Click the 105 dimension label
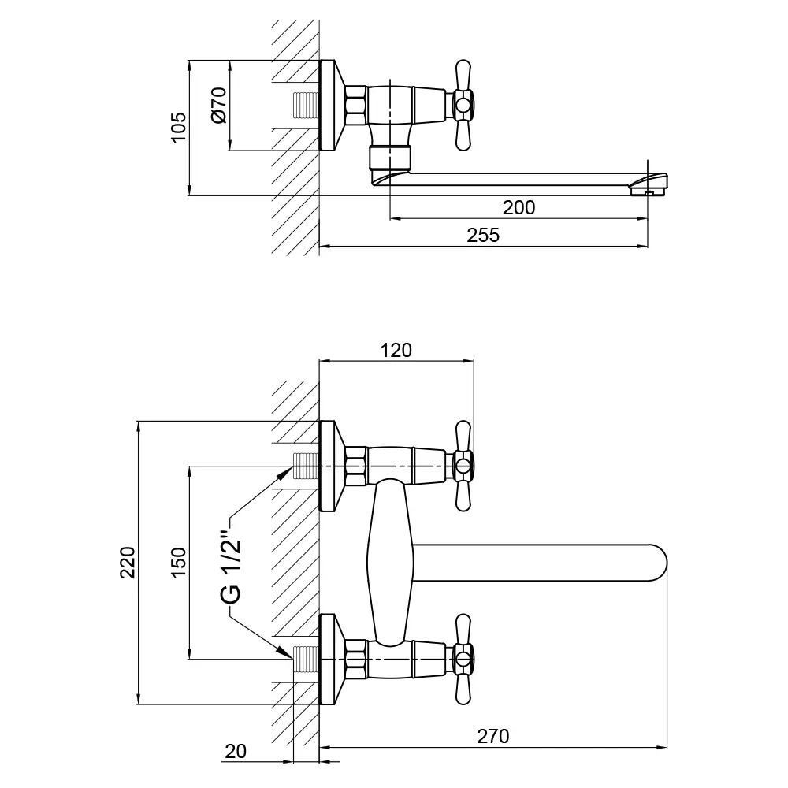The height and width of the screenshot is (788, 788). (179, 127)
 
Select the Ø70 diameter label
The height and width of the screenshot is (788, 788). (218, 105)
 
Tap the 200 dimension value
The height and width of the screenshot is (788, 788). (519, 207)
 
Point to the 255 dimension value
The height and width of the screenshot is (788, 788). (483, 236)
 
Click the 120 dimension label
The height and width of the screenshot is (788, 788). (396, 351)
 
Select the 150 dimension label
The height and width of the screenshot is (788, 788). (179, 562)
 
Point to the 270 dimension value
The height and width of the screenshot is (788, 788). (493, 737)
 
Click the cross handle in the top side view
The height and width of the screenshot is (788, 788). (462, 105)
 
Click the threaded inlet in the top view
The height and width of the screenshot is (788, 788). (307, 106)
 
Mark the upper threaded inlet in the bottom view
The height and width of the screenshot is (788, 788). (307, 466)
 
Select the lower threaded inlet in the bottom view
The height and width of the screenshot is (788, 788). (307, 659)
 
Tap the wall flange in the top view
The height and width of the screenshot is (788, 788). (330, 105)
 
